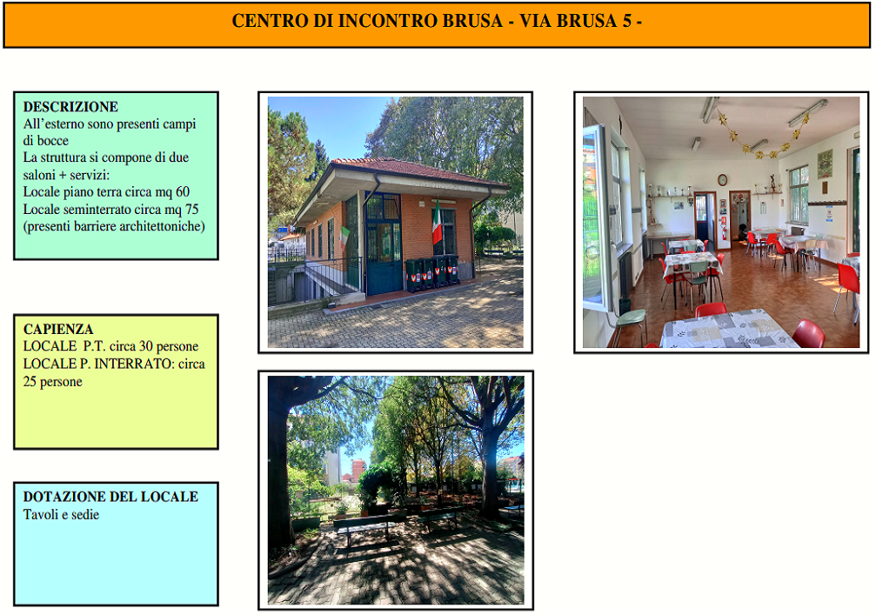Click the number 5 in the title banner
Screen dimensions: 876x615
pyautogui.click(x=627, y=21)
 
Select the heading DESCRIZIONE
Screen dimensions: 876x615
pyautogui.click(x=71, y=107)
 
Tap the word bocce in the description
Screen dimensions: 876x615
pyautogui.click(x=52, y=141)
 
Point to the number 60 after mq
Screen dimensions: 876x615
pyautogui.click(x=183, y=192)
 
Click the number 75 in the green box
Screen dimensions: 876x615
pyautogui.click(x=191, y=210)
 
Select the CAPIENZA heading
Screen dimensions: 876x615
pyautogui.click(x=58, y=329)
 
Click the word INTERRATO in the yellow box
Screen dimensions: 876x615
pyautogui.click(x=132, y=364)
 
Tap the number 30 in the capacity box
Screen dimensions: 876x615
pyautogui.click(x=147, y=346)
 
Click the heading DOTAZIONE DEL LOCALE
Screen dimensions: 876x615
pyautogui.click(x=110, y=497)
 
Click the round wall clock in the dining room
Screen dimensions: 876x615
pyautogui.click(x=722, y=180)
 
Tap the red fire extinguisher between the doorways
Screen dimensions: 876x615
pyautogui.click(x=724, y=231)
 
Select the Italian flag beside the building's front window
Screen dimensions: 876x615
pyautogui.click(x=437, y=224)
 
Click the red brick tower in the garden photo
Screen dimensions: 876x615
pyautogui.click(x=358, y=470)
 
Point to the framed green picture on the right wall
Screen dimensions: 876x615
pyautogui.click(x=825, y=164)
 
